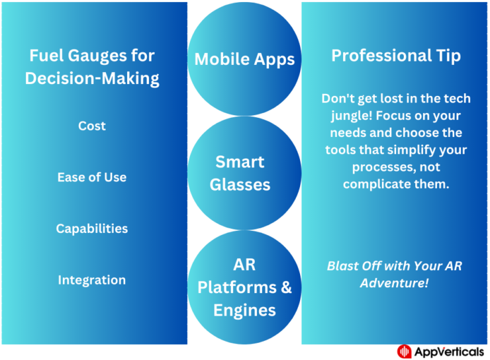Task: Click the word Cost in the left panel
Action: click(91, 126)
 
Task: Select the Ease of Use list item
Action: click(91, 177)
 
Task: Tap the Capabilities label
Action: click(91, 228)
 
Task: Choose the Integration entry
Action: click(91, 280)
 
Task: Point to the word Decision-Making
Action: click(92, 78)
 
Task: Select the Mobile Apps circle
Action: click(244, 59)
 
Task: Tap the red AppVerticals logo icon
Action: click(404, 351)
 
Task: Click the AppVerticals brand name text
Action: click(450, 351)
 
